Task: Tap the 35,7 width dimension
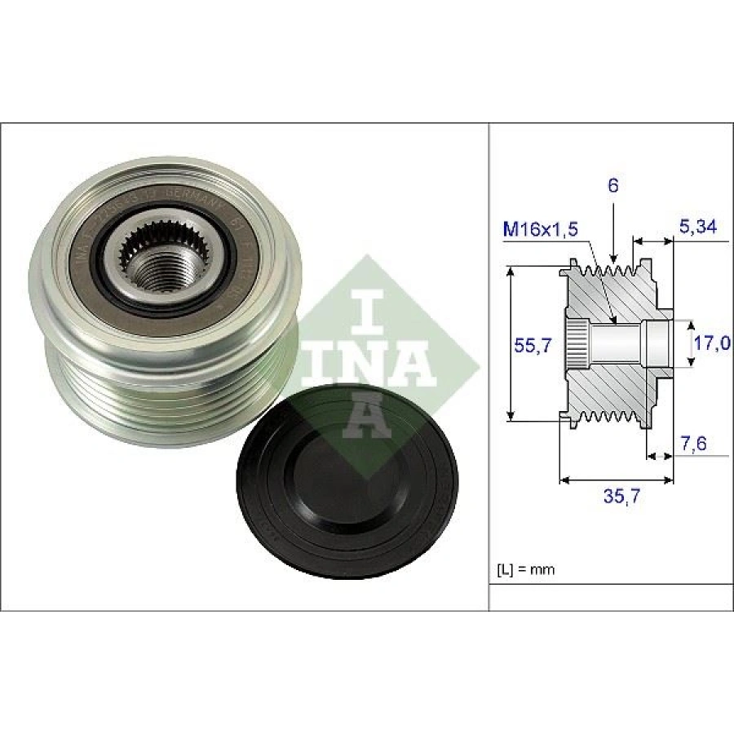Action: [x=617, y=497]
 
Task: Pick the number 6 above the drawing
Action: [x=613, y=185]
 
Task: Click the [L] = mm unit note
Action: [x=525, y=569]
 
